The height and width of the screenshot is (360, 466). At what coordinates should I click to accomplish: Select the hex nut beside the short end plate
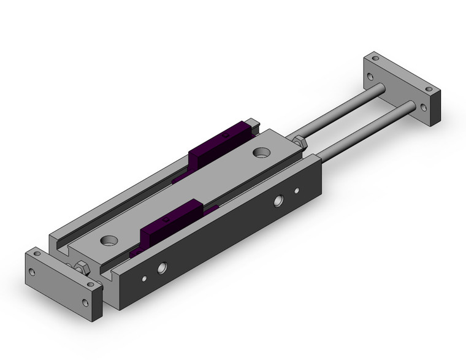[x=80, y=268]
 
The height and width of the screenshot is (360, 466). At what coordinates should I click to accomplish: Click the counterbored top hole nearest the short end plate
[x=111, y=239]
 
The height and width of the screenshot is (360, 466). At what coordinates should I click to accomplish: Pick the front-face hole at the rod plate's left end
[x=370, y=78]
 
